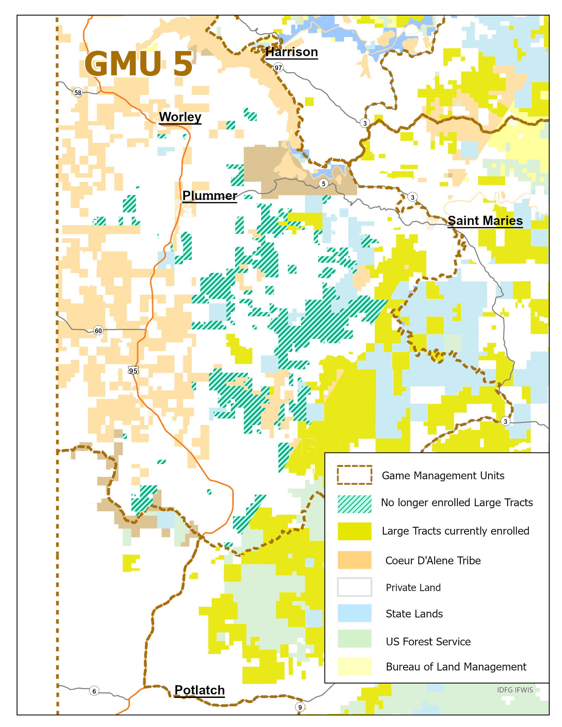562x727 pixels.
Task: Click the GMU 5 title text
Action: (139, 64)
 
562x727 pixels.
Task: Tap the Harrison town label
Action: (292, 52)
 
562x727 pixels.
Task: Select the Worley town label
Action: (180, 117)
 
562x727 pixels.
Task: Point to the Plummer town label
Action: (209, 196)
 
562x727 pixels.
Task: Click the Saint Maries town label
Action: (485, 221)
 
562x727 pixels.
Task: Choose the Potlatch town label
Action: (199, 690)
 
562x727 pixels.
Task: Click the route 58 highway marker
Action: (78, 92)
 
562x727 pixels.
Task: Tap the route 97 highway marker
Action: (278, 68)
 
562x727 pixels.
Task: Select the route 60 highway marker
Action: (98, 330)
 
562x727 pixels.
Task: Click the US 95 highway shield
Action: (133, 371)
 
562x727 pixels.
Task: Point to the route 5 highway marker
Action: (323, 184)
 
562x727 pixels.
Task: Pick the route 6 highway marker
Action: (94, 691)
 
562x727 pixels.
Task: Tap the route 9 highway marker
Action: (300, 707)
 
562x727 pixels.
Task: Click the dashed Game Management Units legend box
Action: (354, 475)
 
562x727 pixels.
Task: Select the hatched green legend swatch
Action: (354, 504)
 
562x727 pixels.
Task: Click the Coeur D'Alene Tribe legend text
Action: (433, 561)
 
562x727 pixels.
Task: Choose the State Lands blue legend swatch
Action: (354, 613)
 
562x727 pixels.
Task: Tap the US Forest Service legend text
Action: (428, 641)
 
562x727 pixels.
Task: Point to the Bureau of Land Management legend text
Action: (456, 667)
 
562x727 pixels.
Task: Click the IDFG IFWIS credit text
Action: (515, 690)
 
